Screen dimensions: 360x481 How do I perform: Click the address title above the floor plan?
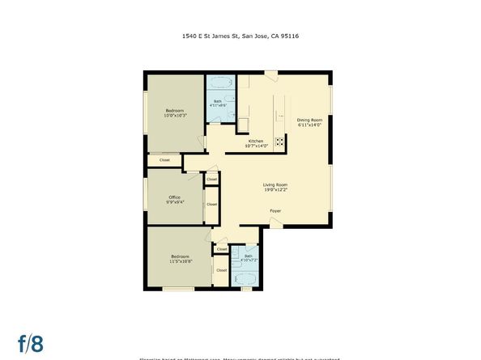coord(240,36)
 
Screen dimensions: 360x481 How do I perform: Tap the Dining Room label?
coord(309,120)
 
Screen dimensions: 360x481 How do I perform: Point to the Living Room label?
coord(275,184)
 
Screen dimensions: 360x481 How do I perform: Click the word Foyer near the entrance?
coord(275,210)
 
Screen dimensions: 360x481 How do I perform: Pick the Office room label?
coord(174,197)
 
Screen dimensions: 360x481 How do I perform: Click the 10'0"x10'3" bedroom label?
coord(175,116)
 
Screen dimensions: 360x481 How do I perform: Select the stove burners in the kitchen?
coord(280,142)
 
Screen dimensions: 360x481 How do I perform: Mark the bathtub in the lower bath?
coord(245,279)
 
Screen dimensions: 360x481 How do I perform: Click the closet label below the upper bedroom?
coord(164,160)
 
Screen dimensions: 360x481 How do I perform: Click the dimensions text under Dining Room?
coord(309,125)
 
